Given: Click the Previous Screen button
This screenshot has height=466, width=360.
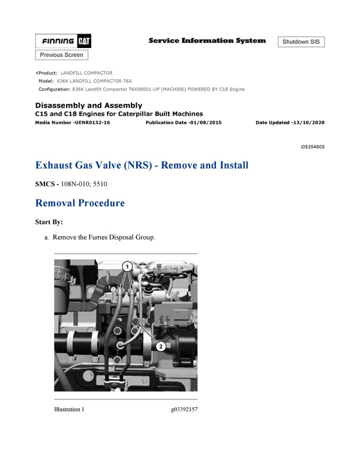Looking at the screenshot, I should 62,55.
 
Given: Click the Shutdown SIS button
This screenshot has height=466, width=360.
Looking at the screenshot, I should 301,42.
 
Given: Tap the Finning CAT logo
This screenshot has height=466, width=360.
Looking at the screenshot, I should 63,41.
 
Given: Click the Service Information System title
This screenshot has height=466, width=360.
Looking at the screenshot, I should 207,41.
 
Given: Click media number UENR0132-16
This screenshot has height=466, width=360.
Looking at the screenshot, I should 73,122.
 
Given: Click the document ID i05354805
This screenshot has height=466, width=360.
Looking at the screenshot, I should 313,147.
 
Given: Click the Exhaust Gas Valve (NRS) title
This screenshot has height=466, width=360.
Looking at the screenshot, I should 142,165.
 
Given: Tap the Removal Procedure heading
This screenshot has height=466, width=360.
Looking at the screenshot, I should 80,203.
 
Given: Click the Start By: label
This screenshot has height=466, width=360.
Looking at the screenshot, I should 49,222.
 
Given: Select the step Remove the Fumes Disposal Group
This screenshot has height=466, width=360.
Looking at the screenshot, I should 104,237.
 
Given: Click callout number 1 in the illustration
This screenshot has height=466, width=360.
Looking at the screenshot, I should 127,265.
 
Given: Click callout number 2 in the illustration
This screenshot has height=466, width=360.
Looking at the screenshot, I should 160,345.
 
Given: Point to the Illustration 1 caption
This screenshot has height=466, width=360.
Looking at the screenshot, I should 69,410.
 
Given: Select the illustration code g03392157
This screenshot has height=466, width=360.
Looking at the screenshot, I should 184,410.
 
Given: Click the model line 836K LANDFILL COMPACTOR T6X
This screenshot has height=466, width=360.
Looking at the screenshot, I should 85,80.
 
